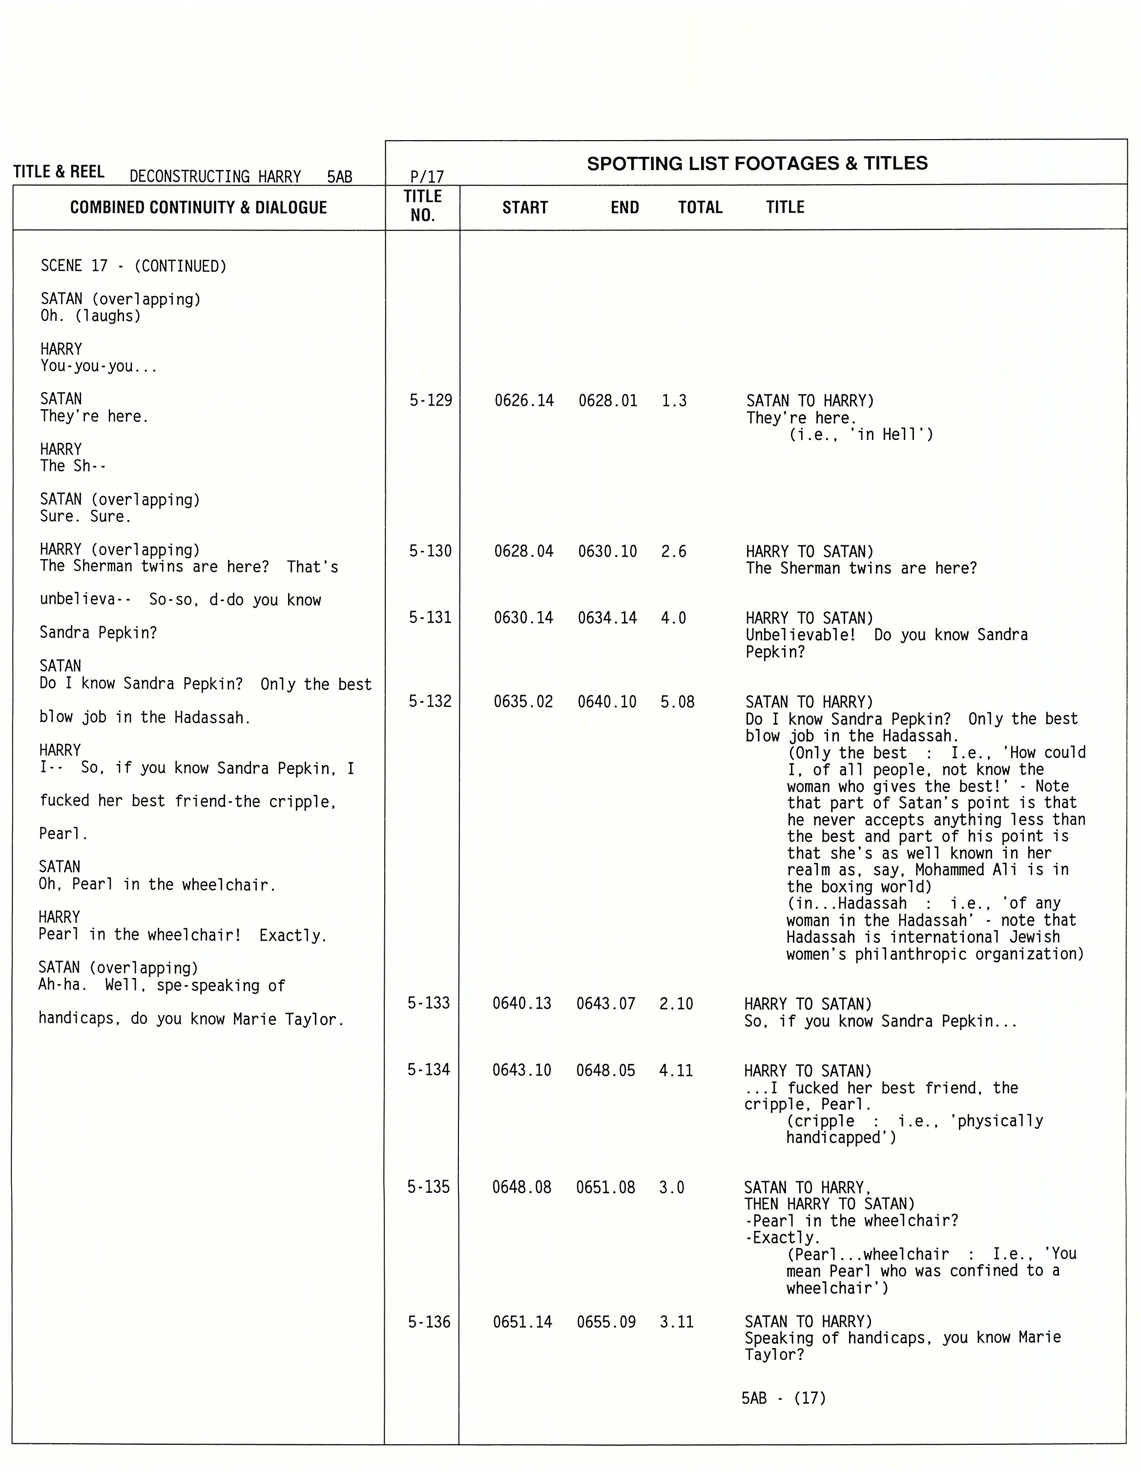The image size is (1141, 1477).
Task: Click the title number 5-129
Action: click(430, 400)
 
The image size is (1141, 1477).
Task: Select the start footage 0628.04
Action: click(523, 551)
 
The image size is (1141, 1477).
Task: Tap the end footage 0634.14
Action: click(607, 618)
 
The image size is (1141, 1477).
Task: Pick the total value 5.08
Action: click(677, 702)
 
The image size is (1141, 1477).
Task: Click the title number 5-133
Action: click(428, 1003)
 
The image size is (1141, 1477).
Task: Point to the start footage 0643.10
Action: click(521, 1070)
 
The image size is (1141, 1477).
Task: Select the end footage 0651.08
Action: click(605, 1187)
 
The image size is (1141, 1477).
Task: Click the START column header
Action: click(525, 208)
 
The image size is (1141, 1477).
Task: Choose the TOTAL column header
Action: click(700, 208)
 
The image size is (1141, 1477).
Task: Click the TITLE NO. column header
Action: click(423, 206)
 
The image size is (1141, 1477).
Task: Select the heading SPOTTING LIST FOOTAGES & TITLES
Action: click(757, 164)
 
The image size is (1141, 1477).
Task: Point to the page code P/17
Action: click(427, 177)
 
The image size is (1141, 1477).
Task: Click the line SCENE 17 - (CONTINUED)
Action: click(133, 266)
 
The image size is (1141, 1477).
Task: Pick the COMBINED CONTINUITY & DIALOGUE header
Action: click(198, 208)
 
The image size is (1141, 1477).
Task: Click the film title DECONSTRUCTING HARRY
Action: click(215, 177)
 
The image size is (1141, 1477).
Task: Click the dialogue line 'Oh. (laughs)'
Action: click(91, 316)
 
